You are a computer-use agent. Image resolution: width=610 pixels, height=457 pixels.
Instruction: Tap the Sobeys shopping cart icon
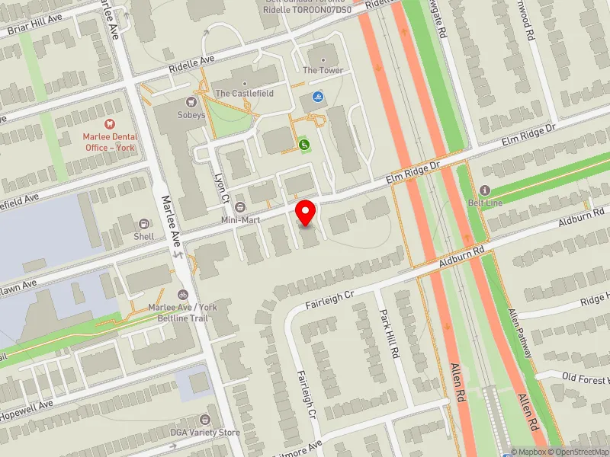tap(192, 101)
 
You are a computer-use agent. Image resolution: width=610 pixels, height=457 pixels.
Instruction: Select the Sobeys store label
tap(191, 115)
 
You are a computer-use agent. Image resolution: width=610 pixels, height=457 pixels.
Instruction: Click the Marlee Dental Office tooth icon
tap(108, 123)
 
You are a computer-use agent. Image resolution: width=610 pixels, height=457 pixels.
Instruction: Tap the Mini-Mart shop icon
tap(240, 207)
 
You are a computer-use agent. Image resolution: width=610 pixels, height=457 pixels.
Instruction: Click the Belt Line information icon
tap(483, 190)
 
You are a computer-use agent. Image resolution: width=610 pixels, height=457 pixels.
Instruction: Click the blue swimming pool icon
tap(317, 97)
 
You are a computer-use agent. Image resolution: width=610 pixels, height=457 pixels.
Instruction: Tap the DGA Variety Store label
tap(204, 433)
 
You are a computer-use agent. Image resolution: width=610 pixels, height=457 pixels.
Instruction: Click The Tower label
tap(323, 71)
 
